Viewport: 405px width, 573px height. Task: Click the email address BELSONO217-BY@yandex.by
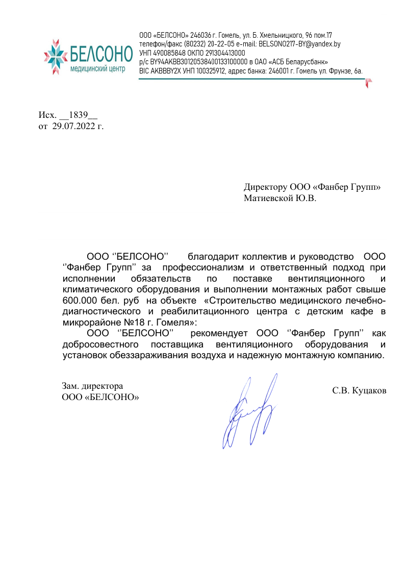[x=299, y=44]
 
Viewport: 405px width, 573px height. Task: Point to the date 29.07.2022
[x=71, y=126]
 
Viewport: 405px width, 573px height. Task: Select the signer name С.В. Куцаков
[x=359, y=391]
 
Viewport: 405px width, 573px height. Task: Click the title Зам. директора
[x=92, y=386]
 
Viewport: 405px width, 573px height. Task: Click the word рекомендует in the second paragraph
[x=221, y=334]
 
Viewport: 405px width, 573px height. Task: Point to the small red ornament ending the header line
[x=368, y=82]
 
